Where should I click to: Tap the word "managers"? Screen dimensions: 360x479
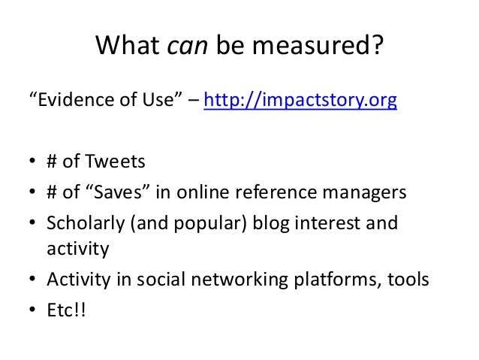coord(369,193)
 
